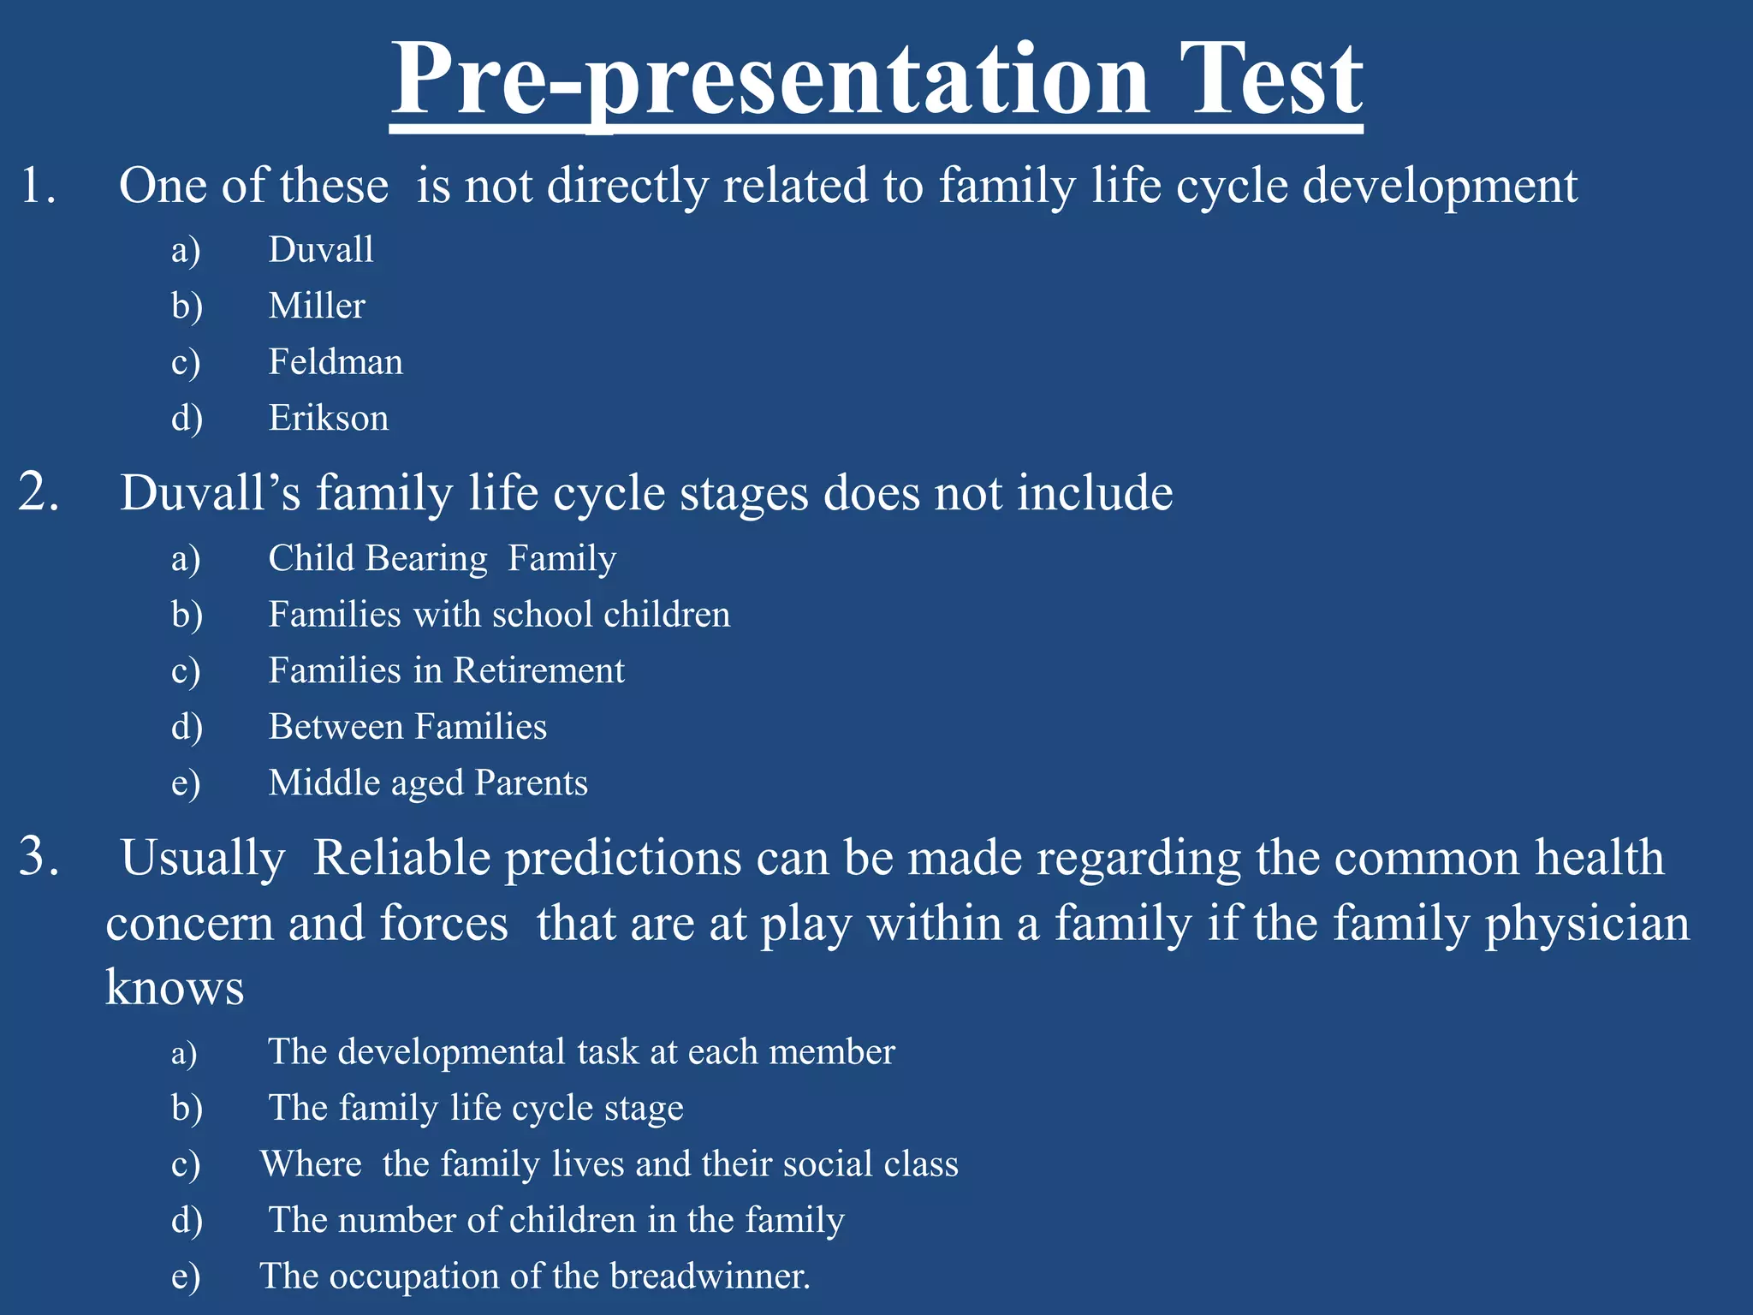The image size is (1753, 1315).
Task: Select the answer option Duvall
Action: coord(321,250)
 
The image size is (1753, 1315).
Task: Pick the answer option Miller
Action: coord(317,306)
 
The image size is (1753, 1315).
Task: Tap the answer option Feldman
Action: coord(336,362)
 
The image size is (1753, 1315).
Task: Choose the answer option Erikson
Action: coord(329,419)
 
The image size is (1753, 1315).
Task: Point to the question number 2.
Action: coord(39,493)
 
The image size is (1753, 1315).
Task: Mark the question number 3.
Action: coord(39,857)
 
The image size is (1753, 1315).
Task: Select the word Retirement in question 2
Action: coord(538,670)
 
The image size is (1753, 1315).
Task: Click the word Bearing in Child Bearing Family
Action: coord(426,559)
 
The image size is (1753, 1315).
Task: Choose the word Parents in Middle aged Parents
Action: coord(531,783)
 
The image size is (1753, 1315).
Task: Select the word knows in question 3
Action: coord(175,987)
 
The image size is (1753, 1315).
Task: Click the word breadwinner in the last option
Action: coord(710,1276)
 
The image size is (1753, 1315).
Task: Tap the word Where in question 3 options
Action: coord(311,1164)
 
